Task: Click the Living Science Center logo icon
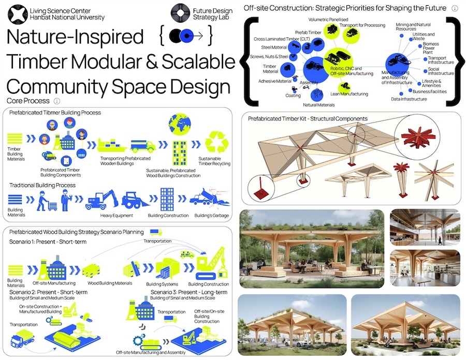click(17, 14)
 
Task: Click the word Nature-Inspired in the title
click(76, 38)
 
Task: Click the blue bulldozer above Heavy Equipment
click(135, 200)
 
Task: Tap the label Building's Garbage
click(212, 215)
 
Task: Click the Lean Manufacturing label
click(349, 94)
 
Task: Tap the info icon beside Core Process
click(57, 101)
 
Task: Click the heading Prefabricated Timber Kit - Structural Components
click(308, 118)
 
